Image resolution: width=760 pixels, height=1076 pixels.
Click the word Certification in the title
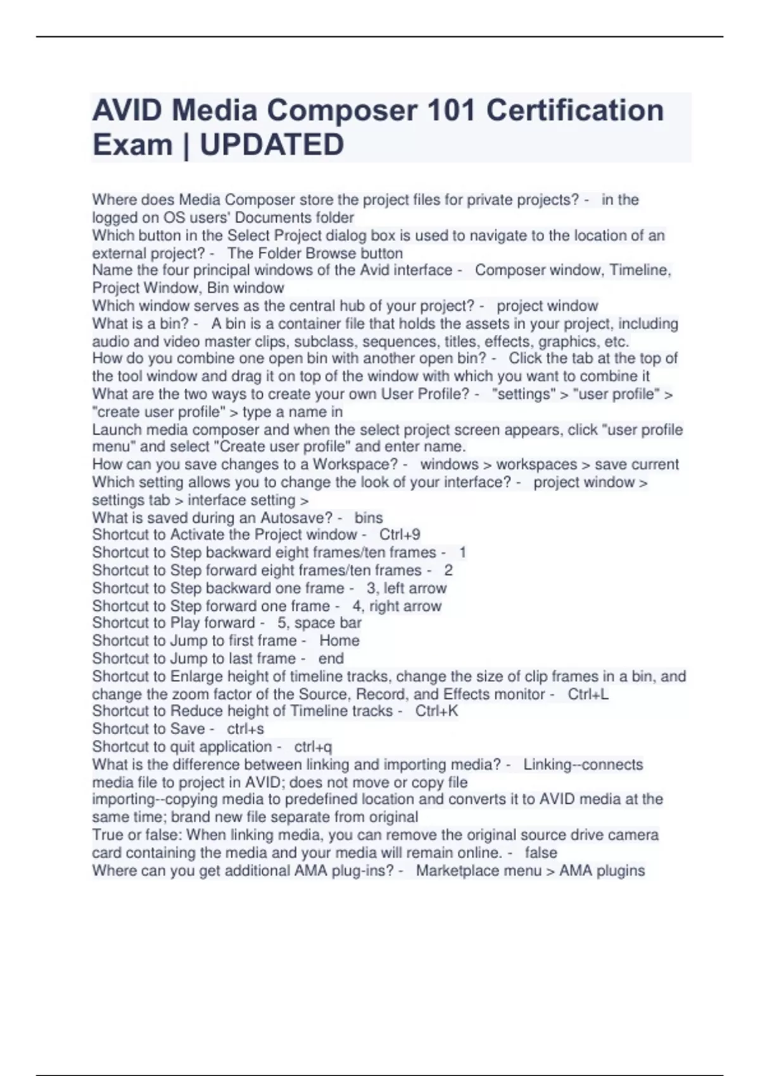[x=574, y=111]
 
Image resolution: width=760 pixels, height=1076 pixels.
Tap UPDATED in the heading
[x=272, y=145]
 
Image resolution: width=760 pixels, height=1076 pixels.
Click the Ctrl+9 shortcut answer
[x=400, y=535]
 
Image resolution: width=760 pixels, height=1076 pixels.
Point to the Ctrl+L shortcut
[x=588, y=694]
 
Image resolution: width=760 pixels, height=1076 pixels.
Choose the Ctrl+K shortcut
[x=436, y=711]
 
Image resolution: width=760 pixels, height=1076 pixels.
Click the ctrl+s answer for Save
[x=245, y=729]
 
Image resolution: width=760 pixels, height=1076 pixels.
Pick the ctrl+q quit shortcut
[x=313, y=747]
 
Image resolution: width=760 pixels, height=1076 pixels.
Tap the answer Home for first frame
[x=339, y=641]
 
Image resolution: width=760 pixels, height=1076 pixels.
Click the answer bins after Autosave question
[x=368, y=518]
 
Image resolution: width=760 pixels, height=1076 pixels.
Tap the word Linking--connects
[x=583, y=765]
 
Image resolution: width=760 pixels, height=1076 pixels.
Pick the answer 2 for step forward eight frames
[x=448, y=570]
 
